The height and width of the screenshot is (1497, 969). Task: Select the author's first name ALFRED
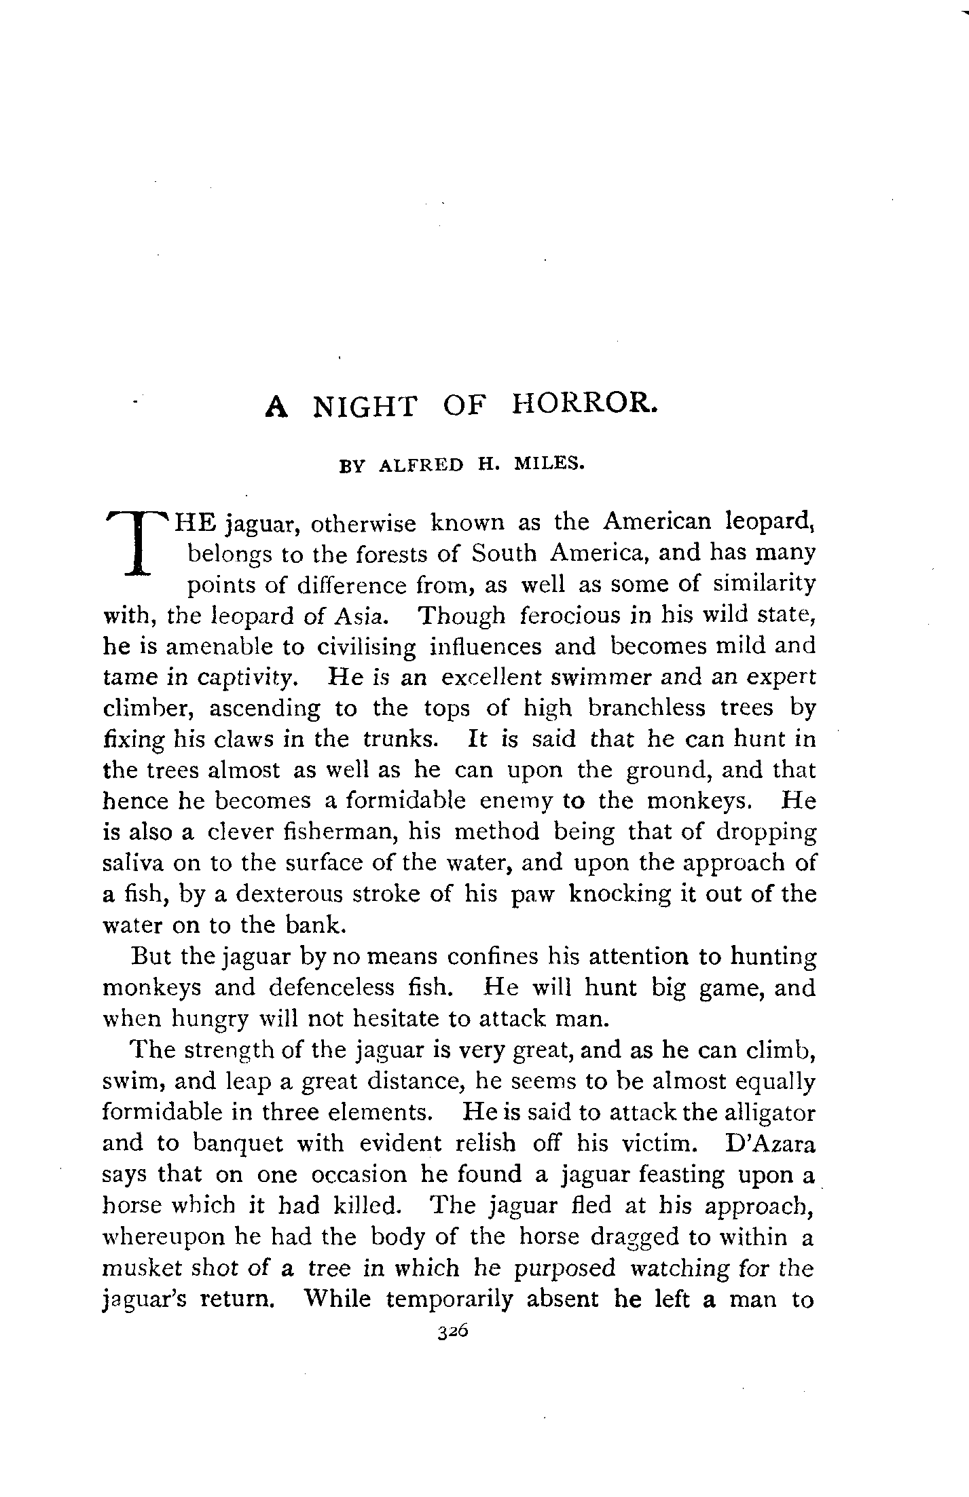[x=421, y=466]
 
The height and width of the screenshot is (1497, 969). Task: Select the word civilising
[x=366, y=648]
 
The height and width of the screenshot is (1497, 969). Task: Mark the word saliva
[x=131, y=863]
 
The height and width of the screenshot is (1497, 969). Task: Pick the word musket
[x=134, y=1268]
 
